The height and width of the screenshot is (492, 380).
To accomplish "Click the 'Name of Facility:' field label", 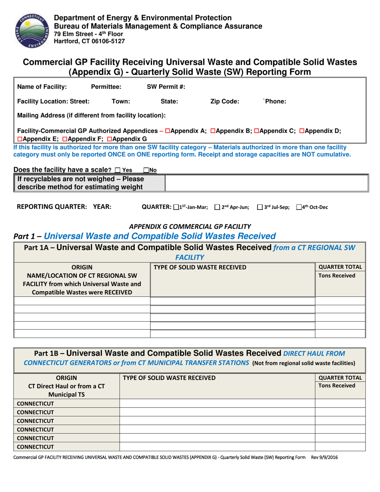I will coord(42,86).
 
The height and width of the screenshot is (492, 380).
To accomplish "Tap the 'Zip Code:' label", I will coord(224,102).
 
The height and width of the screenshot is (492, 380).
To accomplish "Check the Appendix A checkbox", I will coord(168,131).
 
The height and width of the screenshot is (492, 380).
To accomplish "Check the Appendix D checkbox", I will coord(302,131).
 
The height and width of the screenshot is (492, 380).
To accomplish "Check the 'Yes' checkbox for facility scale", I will coord(117,170).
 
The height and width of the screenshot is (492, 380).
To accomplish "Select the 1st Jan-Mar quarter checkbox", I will coord(176,207).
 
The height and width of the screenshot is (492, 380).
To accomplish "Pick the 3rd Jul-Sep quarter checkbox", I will coord(260,207).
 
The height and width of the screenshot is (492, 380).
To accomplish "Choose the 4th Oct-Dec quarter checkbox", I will coord(299,207).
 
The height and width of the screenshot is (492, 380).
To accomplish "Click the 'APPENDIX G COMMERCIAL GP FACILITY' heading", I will coord(190,226).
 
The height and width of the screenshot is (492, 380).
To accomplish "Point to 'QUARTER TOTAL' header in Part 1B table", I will coord(340,378).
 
